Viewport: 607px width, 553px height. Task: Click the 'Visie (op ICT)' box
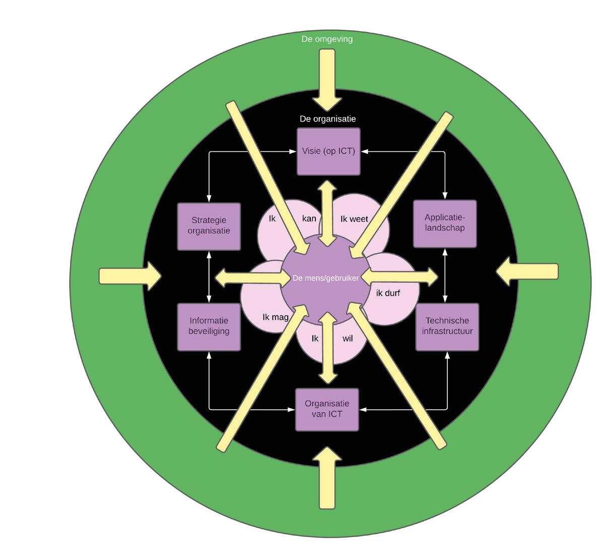(x=328, y=151)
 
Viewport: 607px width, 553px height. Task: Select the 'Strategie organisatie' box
(x=209, y=226)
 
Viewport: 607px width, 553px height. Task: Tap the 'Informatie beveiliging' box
(x=209, y=326)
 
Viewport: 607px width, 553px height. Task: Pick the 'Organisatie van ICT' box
(x=327, y=409)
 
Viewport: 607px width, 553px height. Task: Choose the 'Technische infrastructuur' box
(x=447, y=326)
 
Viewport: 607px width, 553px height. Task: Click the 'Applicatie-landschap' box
(x=445, y=223)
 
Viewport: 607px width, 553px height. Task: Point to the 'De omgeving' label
(x=327, y=39)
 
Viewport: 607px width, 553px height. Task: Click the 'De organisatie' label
(x=328, y=119)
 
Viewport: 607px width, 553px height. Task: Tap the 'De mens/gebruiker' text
(x=325, y=278)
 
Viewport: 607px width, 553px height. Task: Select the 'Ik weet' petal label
(x=354, y=219)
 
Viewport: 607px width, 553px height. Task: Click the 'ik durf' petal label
(x=388, y=293)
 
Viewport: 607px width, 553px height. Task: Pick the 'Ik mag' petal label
(x=276, y=317)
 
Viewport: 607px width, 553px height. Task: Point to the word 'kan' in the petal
(x=309, y=218)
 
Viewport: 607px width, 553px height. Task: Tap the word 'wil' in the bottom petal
(x=348, y=339)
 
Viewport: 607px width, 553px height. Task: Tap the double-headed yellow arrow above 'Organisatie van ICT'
(x=328, y=348)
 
